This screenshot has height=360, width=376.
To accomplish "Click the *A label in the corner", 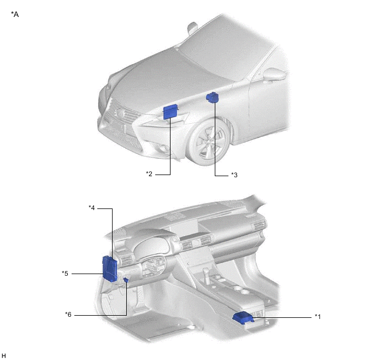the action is coord(15,14).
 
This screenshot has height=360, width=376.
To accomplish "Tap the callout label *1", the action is coord(318,317).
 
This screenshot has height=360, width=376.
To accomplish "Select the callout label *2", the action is coord(149,174).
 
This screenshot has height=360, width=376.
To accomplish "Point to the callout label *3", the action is coord(234,175).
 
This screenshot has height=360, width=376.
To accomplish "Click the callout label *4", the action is coord(92,208).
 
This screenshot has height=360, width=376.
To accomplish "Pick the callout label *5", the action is coord(65,274).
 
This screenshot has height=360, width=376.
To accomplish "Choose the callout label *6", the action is coord(68,315).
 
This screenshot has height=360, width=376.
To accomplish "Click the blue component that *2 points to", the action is coord(171,112).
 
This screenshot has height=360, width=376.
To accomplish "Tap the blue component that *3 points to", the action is coord(213,97).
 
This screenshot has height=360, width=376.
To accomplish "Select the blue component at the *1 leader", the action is coord(243,317).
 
